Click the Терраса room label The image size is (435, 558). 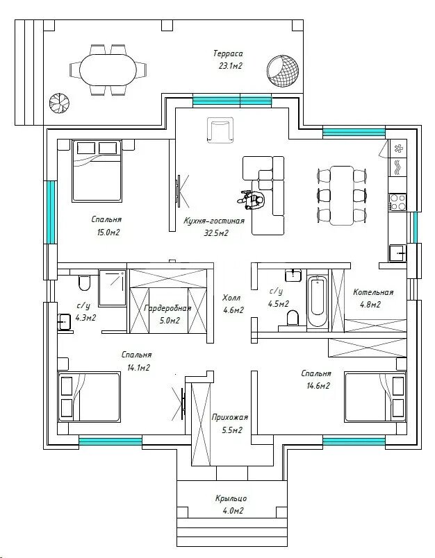click(228, 53)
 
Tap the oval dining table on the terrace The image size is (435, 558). click(108, 69)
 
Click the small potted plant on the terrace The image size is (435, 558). click(59, 103)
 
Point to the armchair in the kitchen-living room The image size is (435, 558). click(220, 130)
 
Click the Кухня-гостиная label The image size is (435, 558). click(214, 221)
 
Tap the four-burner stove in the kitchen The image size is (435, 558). click(397, 202)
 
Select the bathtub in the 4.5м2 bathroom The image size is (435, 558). click(318, 301)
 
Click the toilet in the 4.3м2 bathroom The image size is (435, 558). click(85, 282)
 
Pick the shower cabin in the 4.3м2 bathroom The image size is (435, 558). click(113, 288)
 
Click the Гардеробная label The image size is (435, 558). click(167, 308)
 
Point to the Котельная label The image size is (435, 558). click(373, 292)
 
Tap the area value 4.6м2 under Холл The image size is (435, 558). click(233, 310)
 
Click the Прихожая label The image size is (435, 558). click(230, 417)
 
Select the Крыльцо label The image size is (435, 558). click(231, 498)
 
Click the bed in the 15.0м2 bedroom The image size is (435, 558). click(97, 171)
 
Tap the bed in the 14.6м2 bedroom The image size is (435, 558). click(375, 397)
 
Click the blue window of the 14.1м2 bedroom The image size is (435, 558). click(110, 441)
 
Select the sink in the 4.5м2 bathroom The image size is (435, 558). click(293, 275)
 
